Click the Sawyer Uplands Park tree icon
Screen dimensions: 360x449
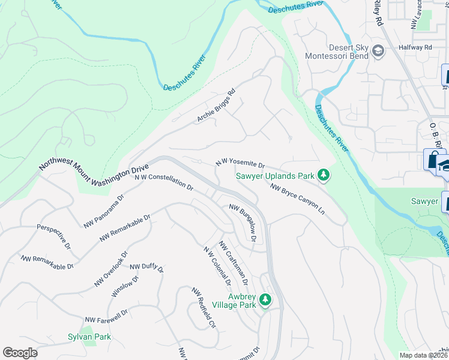(324, 175)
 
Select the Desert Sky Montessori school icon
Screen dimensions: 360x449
(378, 51)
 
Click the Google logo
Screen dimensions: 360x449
(20, 353)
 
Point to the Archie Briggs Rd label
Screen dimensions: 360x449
(216, 106)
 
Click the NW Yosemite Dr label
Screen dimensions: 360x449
(240, 164)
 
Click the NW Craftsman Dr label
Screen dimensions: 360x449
(234, 263)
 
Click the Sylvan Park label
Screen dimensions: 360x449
(89, 337)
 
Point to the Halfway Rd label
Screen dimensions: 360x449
(419, 47)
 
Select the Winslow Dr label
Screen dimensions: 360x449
(125, 286)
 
